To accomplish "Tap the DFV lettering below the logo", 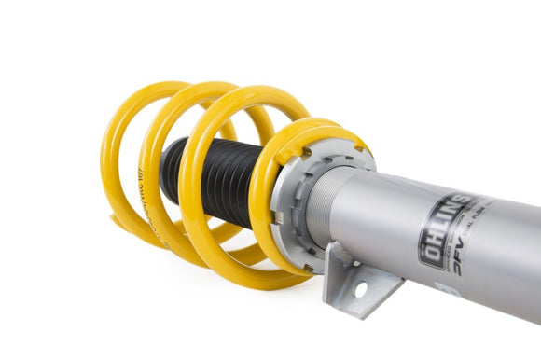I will tap(463, 250).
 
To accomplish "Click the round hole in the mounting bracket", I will tap(361, 279).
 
